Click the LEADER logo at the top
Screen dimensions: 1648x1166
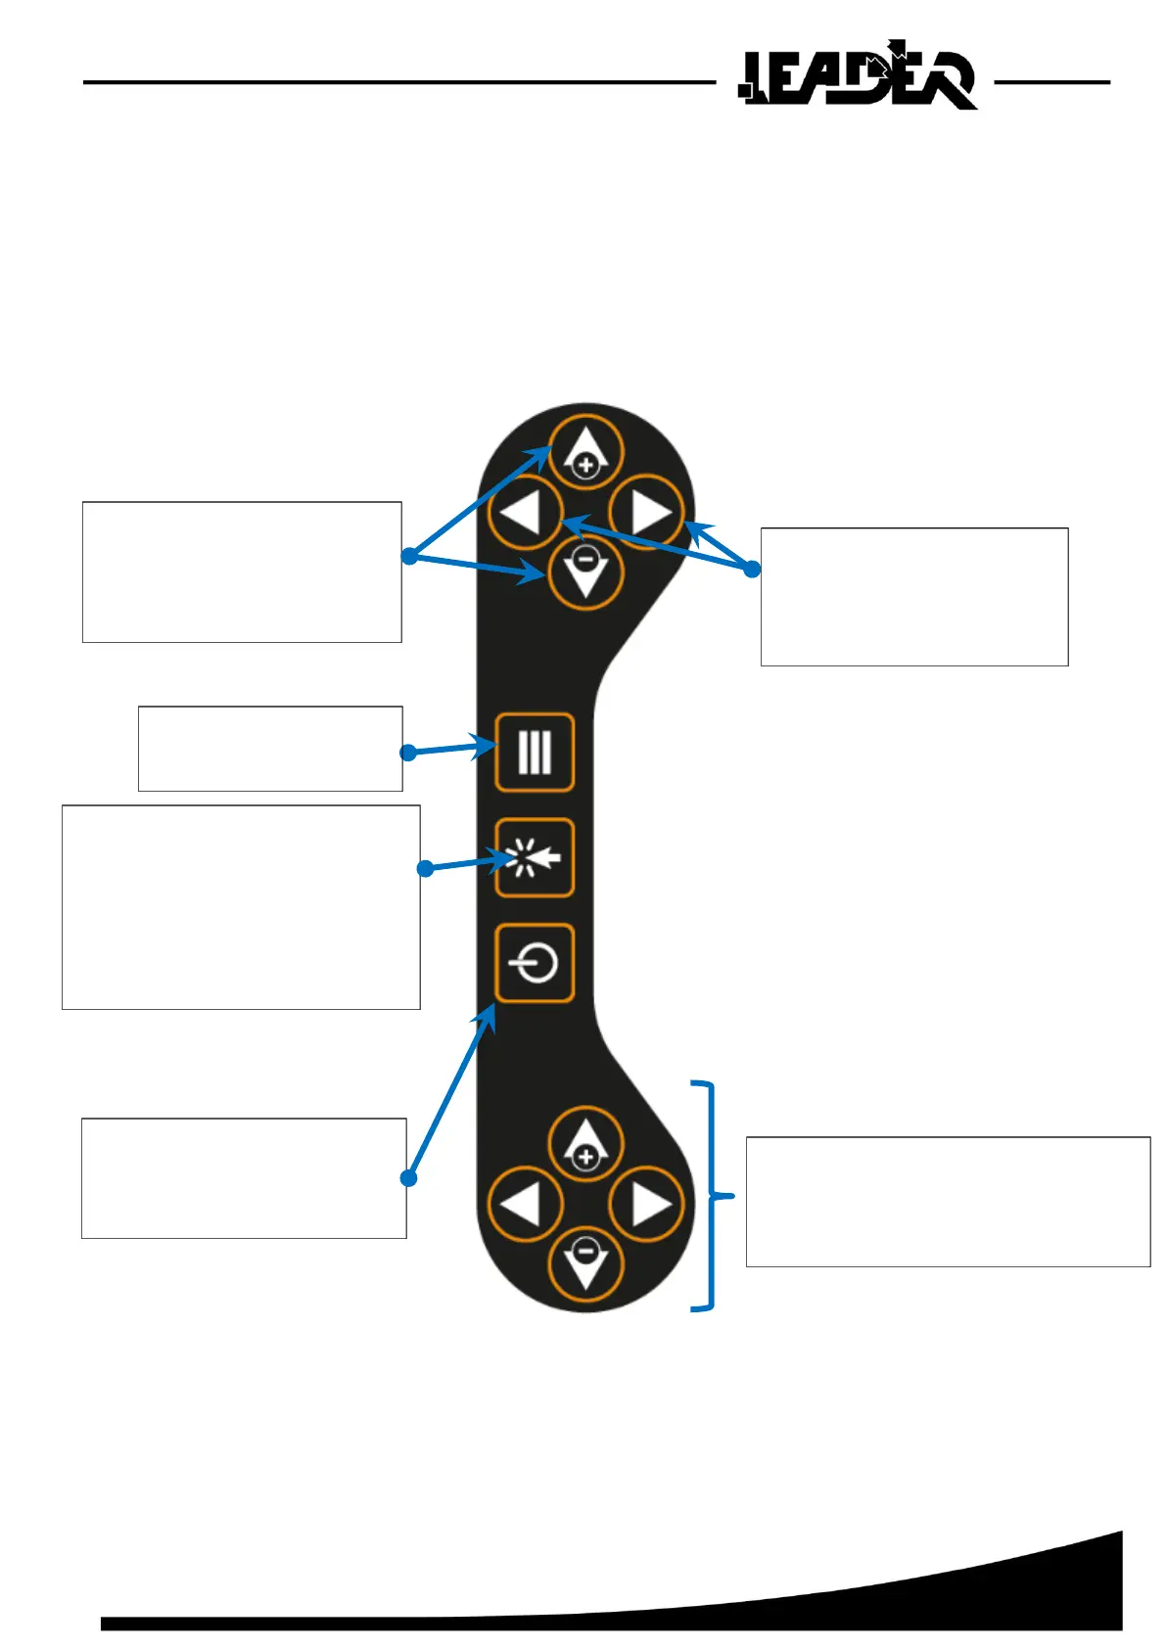click(858, 77)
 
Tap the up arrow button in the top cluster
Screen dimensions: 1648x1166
click(585, 452)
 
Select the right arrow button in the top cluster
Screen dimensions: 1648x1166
click(647, 512)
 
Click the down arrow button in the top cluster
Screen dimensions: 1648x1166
click(585, 573)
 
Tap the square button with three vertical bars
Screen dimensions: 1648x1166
click(535, 753)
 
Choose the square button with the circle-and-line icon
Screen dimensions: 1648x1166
click(535, 963)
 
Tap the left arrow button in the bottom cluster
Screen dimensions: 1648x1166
click(524, 1205)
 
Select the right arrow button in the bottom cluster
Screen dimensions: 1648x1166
click(647, 1205)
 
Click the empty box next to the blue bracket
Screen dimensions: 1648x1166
click(947, 1202)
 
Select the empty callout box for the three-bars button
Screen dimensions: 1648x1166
click(270, 749)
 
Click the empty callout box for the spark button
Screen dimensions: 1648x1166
click(241, 907)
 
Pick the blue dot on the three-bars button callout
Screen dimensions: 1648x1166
click(409, 753)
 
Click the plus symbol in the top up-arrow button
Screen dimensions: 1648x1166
click(585, 466)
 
